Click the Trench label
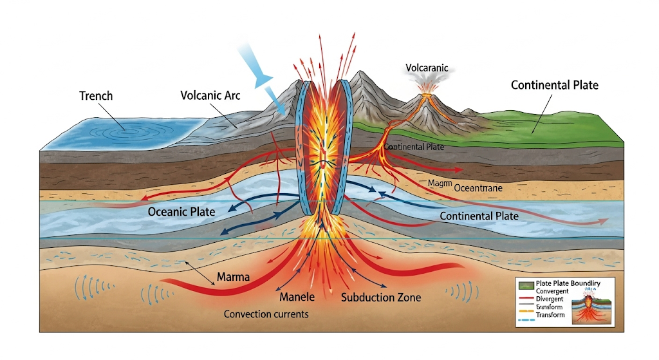pos(96,96)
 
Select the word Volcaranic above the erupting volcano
pos(427,67)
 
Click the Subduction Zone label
pos(381,298)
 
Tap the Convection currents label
pos(266,314)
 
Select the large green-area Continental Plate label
pos(554,85)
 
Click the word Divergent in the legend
pos(550,299)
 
